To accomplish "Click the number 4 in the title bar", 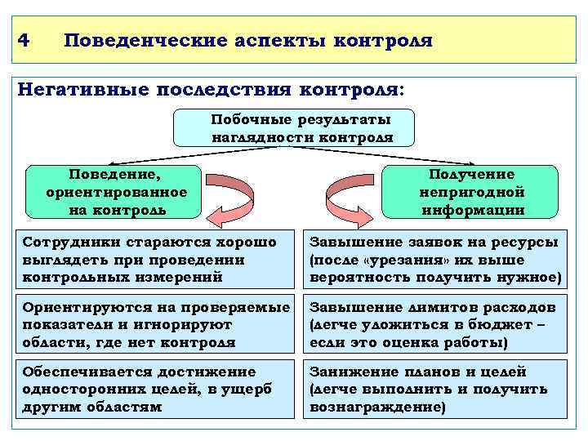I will pos(24,39).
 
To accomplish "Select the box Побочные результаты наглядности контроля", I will pos(293,128).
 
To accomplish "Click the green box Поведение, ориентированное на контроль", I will pos(114,192).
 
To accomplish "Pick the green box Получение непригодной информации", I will pos(471,192).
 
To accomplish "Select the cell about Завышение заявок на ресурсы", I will pos(436,260).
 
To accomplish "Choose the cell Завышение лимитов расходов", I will pos(436,324).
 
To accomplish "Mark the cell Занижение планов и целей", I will pos(436,389).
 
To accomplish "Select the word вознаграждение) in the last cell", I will pos(377,405).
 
